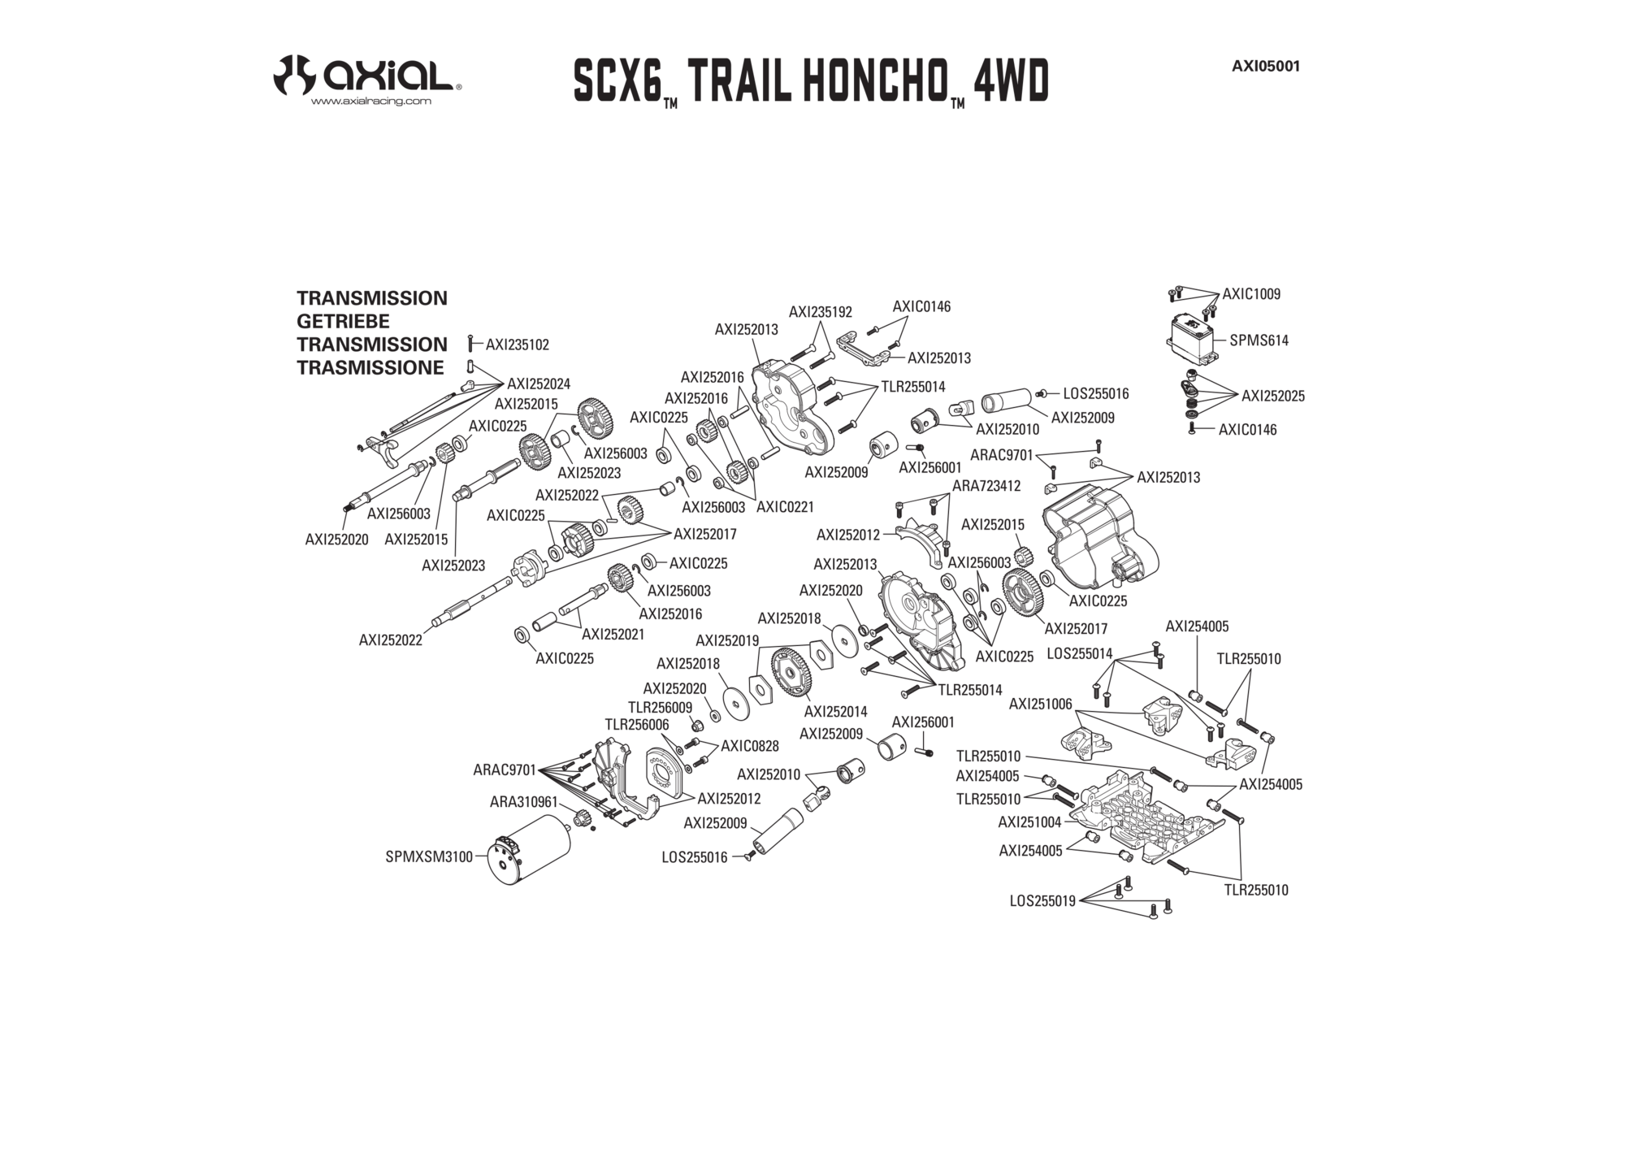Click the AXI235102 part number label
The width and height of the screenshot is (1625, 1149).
(x=517, y=345)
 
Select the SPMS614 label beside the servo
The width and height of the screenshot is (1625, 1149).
(x=1259, y=340)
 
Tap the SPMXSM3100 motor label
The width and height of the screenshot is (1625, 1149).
(x=429, y=856)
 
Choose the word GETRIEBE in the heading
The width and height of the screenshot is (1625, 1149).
(x=343, y=321)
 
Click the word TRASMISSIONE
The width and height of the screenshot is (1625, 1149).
(x=370, y=367)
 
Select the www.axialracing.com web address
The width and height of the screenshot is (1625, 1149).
(x=371, y=102)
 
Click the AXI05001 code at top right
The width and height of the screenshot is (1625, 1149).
(x=1266, y=67)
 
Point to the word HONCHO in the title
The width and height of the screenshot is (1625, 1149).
(x=869, y=80)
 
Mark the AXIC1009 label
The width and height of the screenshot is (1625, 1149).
(x=1251, y=294)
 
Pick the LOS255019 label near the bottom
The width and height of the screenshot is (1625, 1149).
(x=1042, y=900)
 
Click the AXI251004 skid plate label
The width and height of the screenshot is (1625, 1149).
(x=1029, y=822)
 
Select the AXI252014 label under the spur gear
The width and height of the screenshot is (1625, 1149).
(x=835, y=712)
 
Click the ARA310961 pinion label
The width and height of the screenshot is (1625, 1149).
(x=523, y=802)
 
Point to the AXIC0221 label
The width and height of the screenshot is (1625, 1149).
(x=785, y=507)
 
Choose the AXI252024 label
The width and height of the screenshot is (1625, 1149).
(x=539, y=384)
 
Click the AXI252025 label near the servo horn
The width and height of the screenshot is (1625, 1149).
(x=1273, y=396)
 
